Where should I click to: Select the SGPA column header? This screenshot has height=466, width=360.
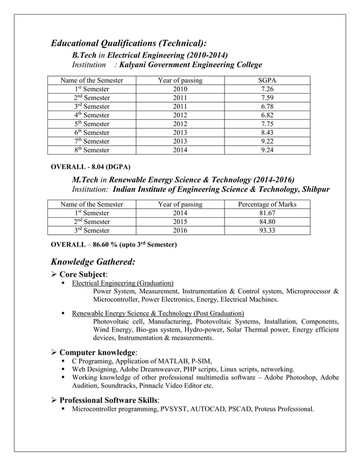tap(267, 81)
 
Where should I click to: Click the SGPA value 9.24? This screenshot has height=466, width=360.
tap(267, 150)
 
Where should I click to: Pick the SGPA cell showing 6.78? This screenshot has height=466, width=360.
tap(267, 107)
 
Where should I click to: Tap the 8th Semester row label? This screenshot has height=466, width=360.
tap(92, 150)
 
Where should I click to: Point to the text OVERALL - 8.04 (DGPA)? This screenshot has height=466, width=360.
tap(91, 167)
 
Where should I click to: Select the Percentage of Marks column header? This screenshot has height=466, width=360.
tap(267, 204)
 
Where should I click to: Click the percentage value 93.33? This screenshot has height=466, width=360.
tap(267, 230)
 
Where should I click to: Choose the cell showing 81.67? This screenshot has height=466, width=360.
tap(267, 213)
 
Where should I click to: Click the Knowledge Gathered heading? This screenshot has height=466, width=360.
tap(93, 261)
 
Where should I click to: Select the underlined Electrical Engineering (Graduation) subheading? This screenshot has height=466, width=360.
tap(122, 283)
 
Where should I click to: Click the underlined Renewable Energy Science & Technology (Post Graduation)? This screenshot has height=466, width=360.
tap(157, 313)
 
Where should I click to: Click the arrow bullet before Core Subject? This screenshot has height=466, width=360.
tap(54, 274)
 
